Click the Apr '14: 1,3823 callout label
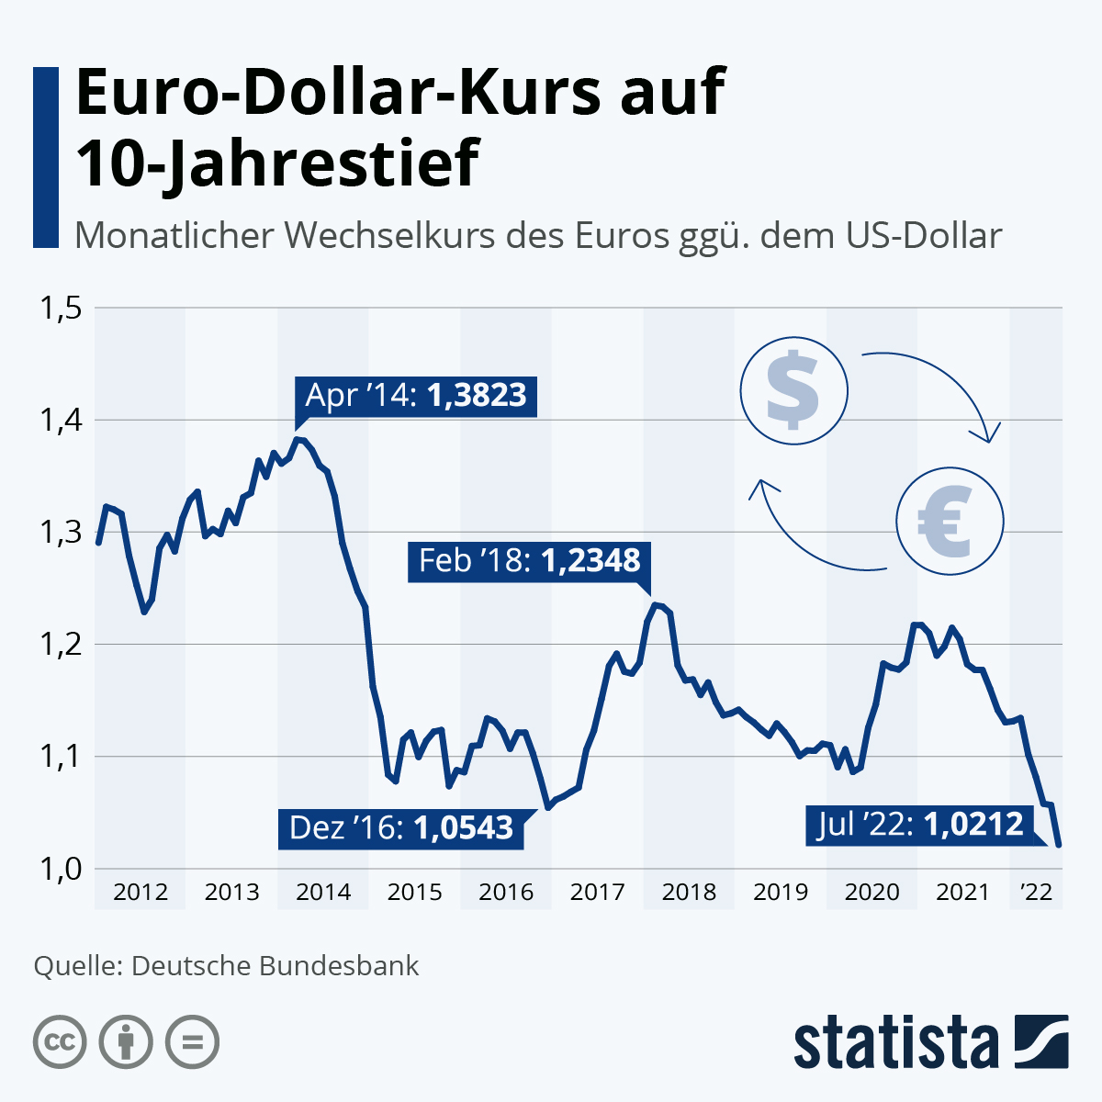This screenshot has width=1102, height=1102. [416, 396]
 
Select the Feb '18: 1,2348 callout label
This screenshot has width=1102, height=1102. [529, 560]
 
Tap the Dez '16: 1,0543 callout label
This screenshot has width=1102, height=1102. [401, 828]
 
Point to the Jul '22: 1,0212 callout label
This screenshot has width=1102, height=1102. [919, 824]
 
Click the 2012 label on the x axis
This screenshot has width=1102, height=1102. [141, 892]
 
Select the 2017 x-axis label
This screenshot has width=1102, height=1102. [597, 892]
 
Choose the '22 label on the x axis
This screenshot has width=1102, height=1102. [1037, 892]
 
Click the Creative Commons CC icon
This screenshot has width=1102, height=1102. [60, 1042]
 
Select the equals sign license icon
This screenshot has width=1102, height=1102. [193, 1042]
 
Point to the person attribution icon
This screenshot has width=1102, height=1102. [126, 1042]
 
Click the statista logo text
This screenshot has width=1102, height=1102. [895, 1042]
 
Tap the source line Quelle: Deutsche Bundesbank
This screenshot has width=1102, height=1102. [226, 966]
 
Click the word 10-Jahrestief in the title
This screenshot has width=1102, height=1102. [276, 163]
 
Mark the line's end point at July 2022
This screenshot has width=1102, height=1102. [1060, 845]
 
